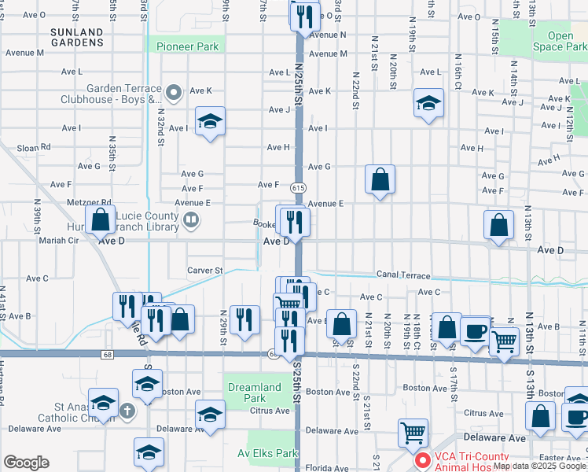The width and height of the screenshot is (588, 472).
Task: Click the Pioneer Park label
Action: coord(187,46)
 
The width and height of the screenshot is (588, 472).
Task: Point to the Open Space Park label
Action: coord(560,41)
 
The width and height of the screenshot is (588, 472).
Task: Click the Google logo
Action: coord(26,463)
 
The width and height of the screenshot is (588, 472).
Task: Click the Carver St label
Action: coord(206,270)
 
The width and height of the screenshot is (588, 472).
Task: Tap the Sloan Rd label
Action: coord(34,147)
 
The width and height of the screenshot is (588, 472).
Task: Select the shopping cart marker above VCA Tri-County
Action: coord(413,432)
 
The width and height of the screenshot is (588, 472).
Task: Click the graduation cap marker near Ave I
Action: coord(210,121)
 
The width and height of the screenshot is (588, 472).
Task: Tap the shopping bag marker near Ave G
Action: coord(380,179)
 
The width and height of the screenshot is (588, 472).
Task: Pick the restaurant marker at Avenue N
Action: coord(304,16)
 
